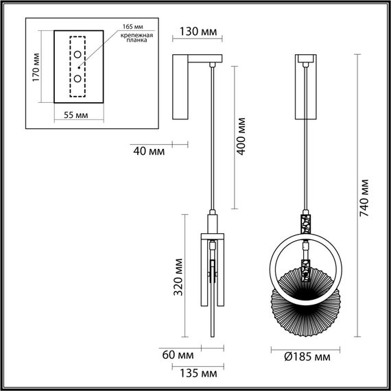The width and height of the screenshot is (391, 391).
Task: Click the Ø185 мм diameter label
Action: click(306, 357)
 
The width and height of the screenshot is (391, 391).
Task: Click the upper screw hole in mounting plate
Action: click(78, 56)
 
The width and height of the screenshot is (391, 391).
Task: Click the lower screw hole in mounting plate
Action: click(78, 78)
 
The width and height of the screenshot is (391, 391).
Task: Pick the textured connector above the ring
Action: click(306, 222)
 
